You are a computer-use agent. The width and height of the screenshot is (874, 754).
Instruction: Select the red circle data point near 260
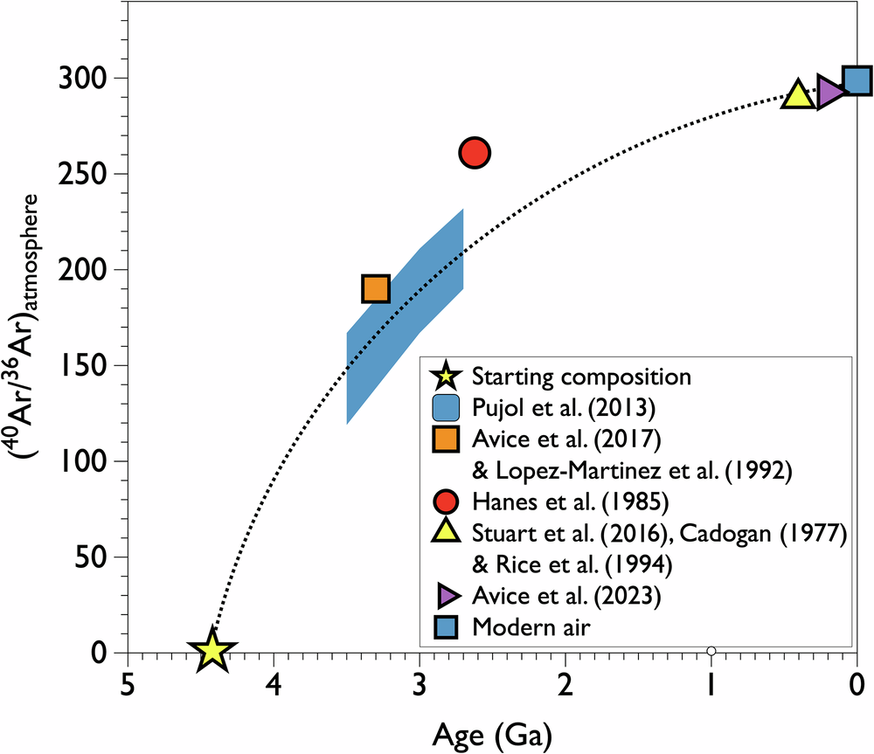[474, 153]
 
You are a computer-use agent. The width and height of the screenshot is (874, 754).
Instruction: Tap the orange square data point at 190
[375, 288]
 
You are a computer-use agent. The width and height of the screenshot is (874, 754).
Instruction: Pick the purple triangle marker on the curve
[829, 90]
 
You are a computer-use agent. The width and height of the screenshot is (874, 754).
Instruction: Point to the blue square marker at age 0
[857, 81]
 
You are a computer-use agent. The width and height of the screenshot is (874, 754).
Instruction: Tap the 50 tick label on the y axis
[96, 557]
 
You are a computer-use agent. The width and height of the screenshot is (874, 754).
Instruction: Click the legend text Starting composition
[581, 377]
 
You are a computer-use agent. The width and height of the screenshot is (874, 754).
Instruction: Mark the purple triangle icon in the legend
[447, 596]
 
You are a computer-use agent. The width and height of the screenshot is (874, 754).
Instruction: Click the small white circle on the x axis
[711, 651]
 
